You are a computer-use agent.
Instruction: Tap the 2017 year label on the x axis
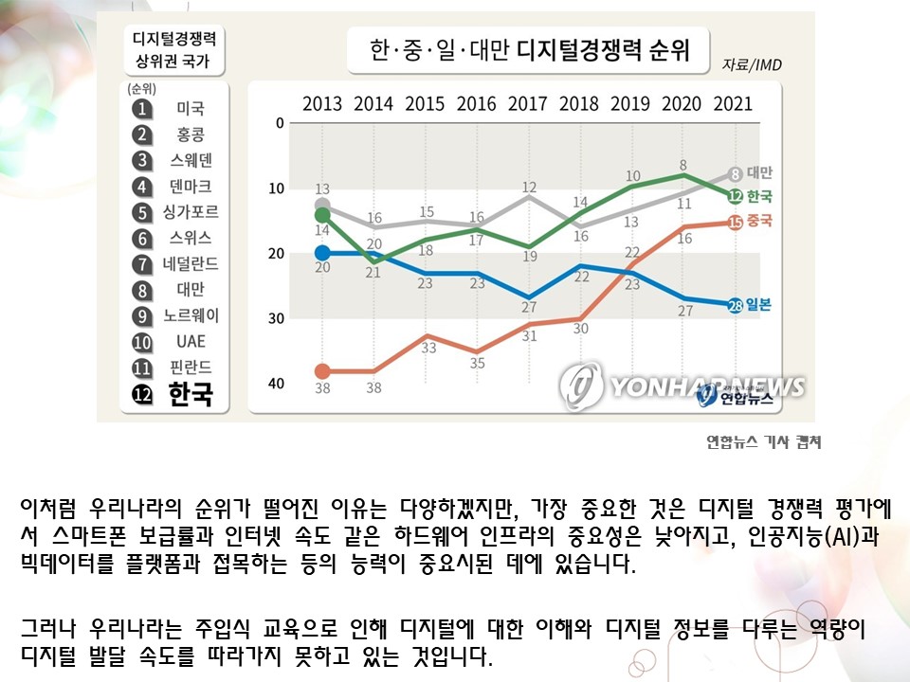527,104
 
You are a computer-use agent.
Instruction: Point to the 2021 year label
732,104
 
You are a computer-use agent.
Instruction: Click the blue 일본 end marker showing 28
735,305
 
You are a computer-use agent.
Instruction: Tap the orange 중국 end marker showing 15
735,223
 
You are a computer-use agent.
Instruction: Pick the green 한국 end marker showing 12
735,196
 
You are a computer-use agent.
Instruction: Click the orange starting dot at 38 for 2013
322,371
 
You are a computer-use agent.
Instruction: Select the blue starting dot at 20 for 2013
322,253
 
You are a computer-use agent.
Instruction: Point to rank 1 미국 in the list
191,109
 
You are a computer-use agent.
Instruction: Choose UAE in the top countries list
190,341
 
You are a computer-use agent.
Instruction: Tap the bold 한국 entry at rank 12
191,394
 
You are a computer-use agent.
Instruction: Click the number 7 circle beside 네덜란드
143,264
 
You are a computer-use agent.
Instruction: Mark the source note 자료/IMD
752,65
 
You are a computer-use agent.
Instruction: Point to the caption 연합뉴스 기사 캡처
763,441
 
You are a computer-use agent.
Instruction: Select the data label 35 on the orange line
477,362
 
